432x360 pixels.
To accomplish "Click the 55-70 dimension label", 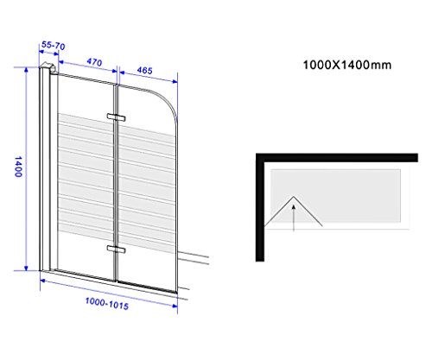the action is [x=54, y=45].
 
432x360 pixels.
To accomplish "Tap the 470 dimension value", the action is [x=94, y=62].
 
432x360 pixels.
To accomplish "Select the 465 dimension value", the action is [x=144, y=70].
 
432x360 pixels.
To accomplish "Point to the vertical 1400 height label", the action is [x=18, y=167].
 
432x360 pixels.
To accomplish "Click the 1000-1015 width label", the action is [x=107, y=304].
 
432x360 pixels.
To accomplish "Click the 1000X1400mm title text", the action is [x=347, y=65].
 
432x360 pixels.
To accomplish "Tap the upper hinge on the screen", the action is [x=116, y=117].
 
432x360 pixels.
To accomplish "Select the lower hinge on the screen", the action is [x=116, y=249].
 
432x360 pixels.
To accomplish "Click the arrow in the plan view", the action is [x=294, y=218].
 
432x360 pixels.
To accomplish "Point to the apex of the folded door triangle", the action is [x=294, y=197].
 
